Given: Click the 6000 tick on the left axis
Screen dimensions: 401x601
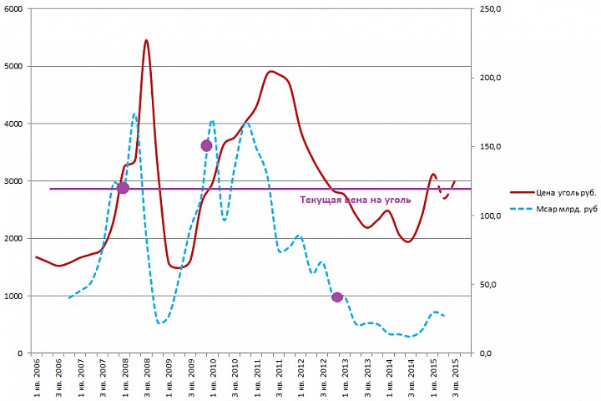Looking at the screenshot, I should [14, 9].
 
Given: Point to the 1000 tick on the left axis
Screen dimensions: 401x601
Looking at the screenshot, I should [14, 296].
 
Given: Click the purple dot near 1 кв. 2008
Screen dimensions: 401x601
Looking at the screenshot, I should [123, 188].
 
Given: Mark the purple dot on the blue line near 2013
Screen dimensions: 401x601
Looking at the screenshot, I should [336, 297].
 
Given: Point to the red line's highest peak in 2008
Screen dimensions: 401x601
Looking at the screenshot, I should [146, 40].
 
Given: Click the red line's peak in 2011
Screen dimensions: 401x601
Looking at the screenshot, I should [271, 72].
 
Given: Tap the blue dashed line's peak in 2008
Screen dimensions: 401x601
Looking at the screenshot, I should [134, 114].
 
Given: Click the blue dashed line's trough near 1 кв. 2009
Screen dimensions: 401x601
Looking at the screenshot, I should [159, 322].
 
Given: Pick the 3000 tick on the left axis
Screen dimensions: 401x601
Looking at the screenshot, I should [14, 181].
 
